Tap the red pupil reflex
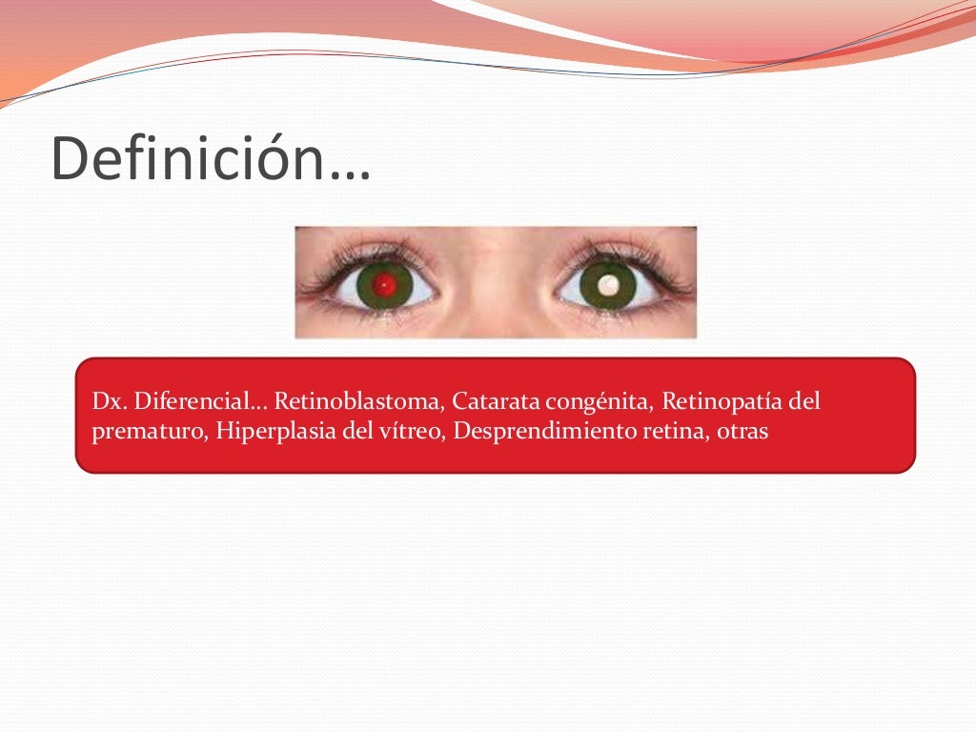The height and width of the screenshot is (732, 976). [385, 283]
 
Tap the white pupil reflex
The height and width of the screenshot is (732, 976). [608, 283]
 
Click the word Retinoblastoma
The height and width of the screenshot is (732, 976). [357, 402]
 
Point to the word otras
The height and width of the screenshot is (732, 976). [743, 431]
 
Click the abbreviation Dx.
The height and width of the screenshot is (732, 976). [105, 402]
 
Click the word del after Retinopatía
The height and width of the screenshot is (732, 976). [804, 402]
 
